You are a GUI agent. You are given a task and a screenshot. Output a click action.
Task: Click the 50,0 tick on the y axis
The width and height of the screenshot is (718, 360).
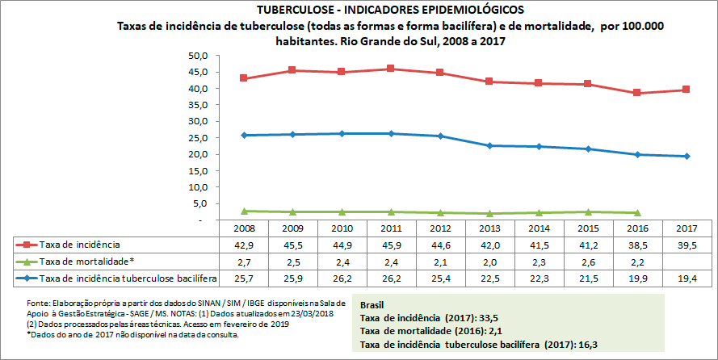(x=198, y=56)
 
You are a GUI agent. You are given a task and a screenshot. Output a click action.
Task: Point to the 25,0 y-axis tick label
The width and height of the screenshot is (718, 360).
(x=198, y=138)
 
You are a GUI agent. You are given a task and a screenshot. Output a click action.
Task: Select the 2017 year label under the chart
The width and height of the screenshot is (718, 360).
(x=686, y=229)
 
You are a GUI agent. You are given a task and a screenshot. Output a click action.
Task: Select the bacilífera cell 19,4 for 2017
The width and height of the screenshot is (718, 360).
(x=686, y=278)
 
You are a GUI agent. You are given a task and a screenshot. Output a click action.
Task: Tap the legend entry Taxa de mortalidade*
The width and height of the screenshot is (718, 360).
(x=85, y=261)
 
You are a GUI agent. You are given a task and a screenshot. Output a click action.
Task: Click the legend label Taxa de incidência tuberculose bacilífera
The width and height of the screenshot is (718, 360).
(x=129, y=278)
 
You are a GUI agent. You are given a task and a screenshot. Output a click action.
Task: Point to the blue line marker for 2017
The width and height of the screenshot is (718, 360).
(x=686, y=156)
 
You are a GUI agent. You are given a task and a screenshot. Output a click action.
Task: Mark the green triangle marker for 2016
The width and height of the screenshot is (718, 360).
(x=638, y=212)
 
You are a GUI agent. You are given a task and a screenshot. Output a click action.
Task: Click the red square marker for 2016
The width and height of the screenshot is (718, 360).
(x=638, y=93)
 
